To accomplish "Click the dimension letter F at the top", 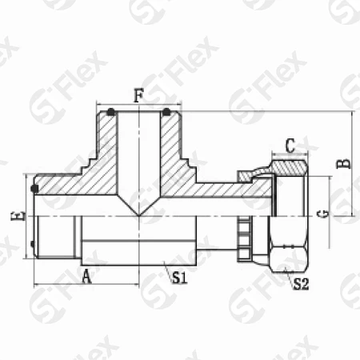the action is pyautogui.click(x=138, y=95).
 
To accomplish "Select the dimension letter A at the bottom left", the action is pyautogui.click(x=86, y=276).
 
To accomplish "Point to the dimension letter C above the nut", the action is pyautogui.click(x=290, y=146).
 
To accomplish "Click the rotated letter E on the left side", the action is pyautogui.click(x=18, y=215).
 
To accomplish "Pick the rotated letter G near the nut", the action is pyautogui.click(x=322, y=214).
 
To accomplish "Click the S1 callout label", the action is pyautogui.click(x=179, y=278).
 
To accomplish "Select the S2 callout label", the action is pyautogui.click(x=301, y=284).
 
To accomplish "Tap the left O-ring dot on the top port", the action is pyautogui.click(x=111, y=112).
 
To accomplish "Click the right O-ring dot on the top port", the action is pyautogui.click(x=166, y=112).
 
